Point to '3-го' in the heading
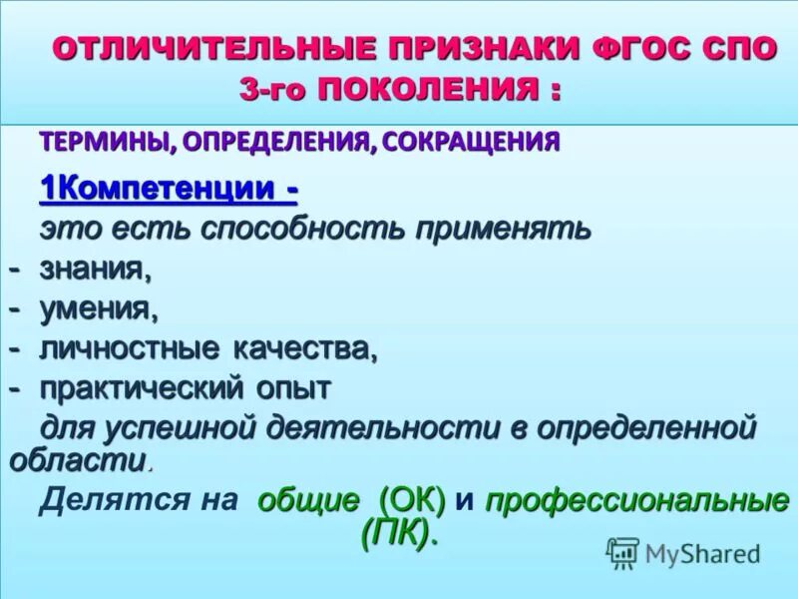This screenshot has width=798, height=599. [x=275, y=92]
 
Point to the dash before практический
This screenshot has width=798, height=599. [x=16, y=387]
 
